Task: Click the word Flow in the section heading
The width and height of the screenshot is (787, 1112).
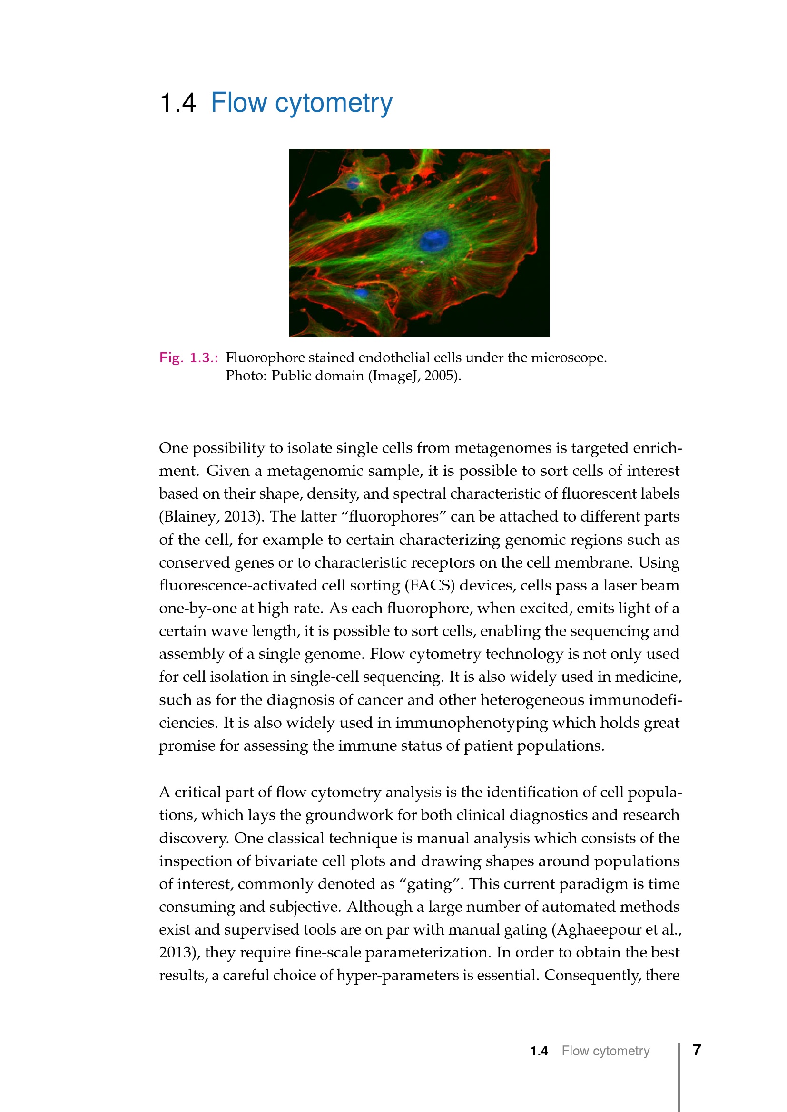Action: (x=238, y=103)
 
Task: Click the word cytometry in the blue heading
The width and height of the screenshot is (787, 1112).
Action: (x=334, y=104)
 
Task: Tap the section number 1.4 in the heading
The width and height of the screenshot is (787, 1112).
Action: (x=177, y=103)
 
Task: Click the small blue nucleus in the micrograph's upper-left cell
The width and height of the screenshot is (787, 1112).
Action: (x=353, y=183)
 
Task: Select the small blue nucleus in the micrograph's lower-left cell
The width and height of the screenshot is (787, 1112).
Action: (x=360, y=292)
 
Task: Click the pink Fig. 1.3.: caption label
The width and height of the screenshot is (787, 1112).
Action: (x=188, y=358)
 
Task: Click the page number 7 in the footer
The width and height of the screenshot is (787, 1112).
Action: (x=697, y=1050)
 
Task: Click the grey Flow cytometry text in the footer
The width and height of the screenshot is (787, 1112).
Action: (x=605, y=1051)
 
